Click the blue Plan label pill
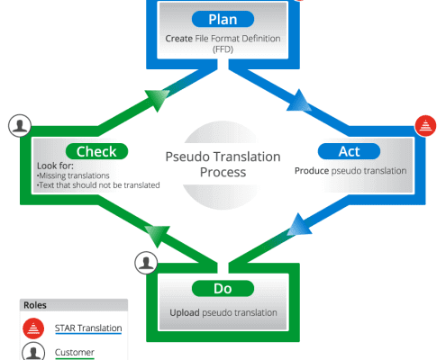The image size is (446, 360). click(x=223, y=19)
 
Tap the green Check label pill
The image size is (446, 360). click(x=96, y=151)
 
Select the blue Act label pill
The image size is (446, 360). click(x=349, y=151)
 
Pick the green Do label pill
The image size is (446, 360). click(x=223, y=289)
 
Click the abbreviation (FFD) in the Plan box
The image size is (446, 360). click(x=223, y=49)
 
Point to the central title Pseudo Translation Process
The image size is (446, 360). click(x=223, y=165)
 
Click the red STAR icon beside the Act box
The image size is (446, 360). click(x=425, y=126)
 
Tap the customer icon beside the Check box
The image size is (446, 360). click(x=20, y=126)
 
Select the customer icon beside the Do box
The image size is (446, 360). click(x=146, y=263)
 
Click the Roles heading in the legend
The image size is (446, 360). click(x=35, y=305)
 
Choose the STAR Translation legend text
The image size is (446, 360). click(x=88, y=328)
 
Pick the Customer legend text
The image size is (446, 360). click(x=75, y=352)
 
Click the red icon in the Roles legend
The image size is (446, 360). click(x=33, y=328)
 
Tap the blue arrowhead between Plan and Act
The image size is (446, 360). click(x=300, y=101)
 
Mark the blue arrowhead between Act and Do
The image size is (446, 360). click(x=299, y=224)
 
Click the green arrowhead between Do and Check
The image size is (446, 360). click(x=157, y=236)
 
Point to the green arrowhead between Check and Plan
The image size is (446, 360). click(x=157, y=100)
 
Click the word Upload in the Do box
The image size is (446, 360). click(x=185, y=312)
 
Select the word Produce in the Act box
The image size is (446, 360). click(x=312, y=171)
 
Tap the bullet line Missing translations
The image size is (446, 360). click(x=73, y=175)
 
